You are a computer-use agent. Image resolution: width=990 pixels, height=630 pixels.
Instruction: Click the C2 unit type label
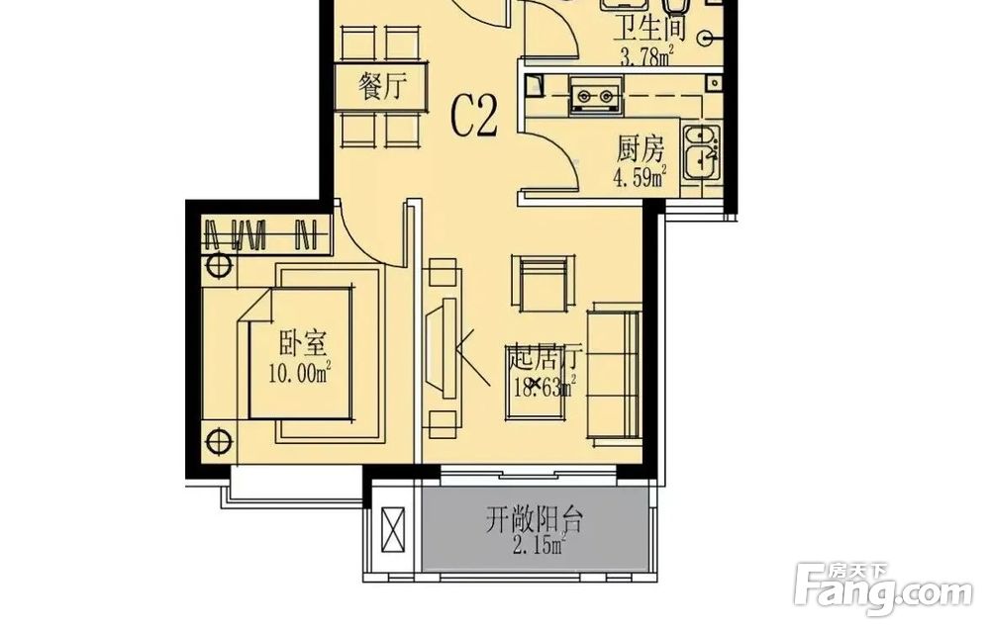click(474, 117)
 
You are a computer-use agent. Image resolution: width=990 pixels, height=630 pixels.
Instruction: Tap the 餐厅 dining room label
click(382, 86)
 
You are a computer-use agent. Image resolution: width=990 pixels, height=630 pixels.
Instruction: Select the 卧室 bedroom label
click(302, 344)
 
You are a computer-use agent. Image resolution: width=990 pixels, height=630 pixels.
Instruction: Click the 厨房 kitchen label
click(641, 150)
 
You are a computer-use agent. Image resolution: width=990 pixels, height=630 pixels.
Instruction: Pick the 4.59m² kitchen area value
click(641, 177)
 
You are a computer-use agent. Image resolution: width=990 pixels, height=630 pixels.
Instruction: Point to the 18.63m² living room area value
click(544, 386)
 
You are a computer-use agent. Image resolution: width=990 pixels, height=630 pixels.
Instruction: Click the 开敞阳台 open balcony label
click(535, 520)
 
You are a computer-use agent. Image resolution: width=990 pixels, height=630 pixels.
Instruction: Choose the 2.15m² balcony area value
click(539, 545)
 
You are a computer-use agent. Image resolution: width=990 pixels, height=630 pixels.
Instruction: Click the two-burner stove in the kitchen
click(596, 96)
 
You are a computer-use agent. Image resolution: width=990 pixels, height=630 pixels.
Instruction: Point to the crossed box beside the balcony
click(392, 531)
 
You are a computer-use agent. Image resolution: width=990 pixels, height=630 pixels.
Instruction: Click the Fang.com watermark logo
click(884, 588)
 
